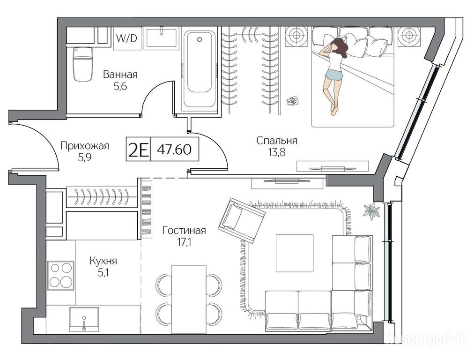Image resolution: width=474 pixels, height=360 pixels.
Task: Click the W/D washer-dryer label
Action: click(x=127, y=38)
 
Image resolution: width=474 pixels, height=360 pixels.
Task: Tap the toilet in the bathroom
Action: click(x=82, y=64)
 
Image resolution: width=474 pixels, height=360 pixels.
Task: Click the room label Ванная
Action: click(x=120, y=75)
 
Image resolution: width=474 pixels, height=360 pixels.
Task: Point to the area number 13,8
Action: click(x=276, y=152)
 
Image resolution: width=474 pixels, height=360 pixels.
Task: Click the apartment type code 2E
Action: click(x=138, y=150)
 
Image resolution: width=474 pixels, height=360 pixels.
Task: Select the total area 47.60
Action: click(x=174, y=150)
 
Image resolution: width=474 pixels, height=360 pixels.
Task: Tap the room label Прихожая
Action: click(x=85, y=146)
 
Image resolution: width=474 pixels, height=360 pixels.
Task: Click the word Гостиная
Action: click(x=184, y=231)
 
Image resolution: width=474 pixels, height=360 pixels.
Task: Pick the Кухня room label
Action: click(x=103, y=261)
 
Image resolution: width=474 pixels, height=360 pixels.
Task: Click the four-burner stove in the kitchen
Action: click(x=61, y=276)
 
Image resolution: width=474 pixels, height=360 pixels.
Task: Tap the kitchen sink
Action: click(x=84, y=319)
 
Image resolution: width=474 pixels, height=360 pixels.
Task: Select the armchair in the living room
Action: click(x=242, y=220)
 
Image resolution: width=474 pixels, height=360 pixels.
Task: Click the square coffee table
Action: click(x=295, y=253)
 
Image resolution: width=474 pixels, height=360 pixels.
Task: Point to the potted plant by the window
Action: click(x=371, y=211)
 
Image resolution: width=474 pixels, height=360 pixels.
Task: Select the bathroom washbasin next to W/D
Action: click(x=162, y=38)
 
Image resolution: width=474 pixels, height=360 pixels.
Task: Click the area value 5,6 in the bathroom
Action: click(x=120, y=87)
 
